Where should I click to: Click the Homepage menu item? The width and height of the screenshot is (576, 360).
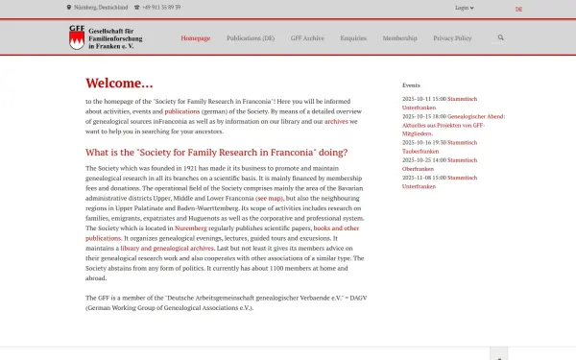click(195, 38)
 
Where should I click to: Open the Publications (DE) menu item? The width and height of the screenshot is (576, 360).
click(251, 38)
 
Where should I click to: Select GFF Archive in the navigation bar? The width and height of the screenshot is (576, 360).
click(307, 38)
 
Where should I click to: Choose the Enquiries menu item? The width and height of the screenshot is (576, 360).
click(353, 38)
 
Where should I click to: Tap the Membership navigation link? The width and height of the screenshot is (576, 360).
click(399, 38)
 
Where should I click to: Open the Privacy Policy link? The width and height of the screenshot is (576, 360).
click(452, 38)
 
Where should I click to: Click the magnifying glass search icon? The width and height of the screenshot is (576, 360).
click(500, 38)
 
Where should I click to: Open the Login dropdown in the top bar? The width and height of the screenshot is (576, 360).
click(464, 8)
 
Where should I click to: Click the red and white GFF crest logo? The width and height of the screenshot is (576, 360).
click(77, 39)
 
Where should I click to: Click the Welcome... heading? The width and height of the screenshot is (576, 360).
click(119, 83)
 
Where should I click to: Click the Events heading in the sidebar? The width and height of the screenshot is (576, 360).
click(411, 85)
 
